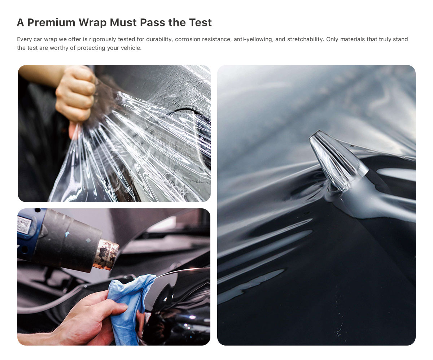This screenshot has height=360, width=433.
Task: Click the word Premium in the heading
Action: point(51,22)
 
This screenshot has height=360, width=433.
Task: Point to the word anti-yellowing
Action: point(253,39)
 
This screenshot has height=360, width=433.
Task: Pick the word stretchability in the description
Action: point(306,39)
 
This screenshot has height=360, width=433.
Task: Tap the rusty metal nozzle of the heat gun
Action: point(106,255)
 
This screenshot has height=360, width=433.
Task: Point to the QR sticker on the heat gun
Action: point(25,225)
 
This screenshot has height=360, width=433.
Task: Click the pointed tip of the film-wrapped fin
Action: point(319,131)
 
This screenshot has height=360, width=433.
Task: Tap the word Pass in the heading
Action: point(152,22)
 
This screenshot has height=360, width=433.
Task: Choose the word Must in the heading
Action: point(123,22)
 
